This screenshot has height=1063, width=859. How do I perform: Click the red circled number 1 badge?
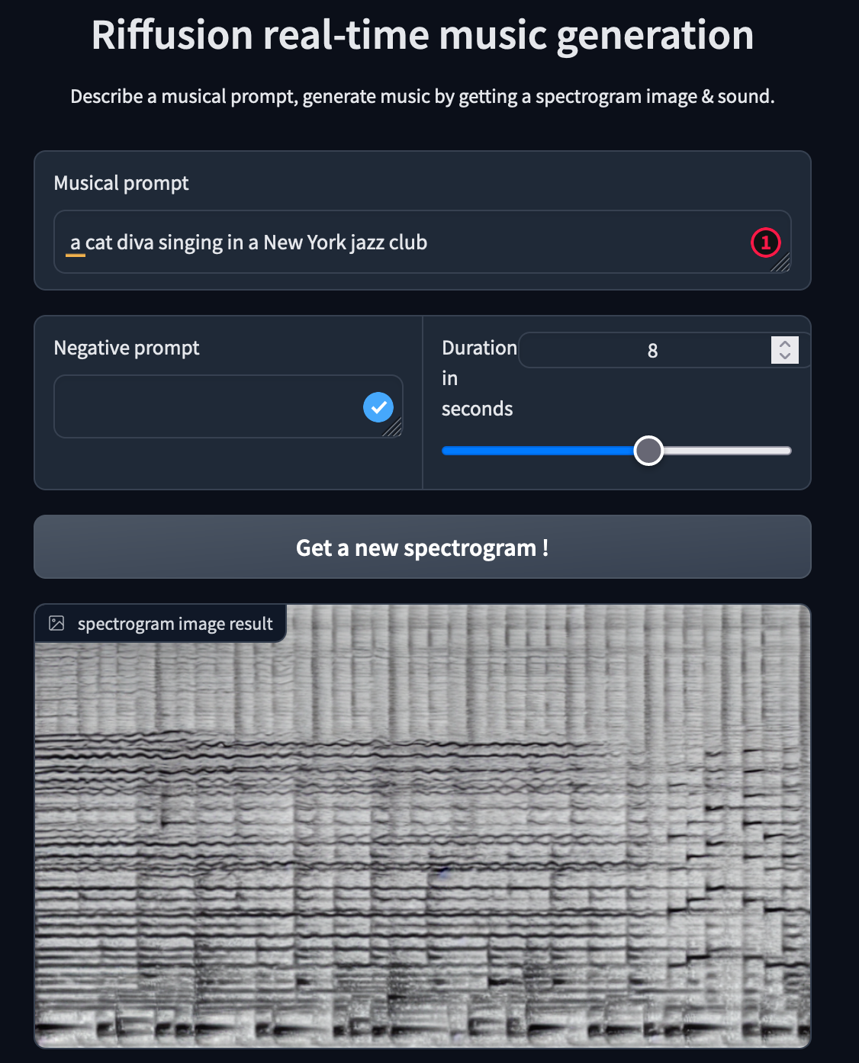tap(766, 242)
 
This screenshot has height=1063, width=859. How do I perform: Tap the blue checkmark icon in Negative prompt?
tap(378, 407)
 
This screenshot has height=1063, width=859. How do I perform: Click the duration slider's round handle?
tap(648, 451)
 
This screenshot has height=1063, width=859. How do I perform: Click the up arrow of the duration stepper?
tap(785, 344)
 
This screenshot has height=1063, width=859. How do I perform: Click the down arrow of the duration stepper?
tap(785, 356)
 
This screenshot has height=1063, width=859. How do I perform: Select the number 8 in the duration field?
tap(652, 350)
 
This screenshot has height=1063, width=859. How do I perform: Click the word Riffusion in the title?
tap(172, 35)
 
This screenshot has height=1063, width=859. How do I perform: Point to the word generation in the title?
tap(655, 37)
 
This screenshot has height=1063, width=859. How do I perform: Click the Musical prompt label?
tap(121, 183)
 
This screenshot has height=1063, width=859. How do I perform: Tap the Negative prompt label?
tap(127, 348)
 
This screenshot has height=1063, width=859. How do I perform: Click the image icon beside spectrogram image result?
tap(56, 623)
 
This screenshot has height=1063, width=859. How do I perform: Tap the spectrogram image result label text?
tap(175, 624)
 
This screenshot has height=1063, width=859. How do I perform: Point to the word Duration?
tap(479, 348)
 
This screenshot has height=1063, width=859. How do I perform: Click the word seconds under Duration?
tap(477, 409)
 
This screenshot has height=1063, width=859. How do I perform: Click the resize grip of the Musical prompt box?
tap(780, 262)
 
